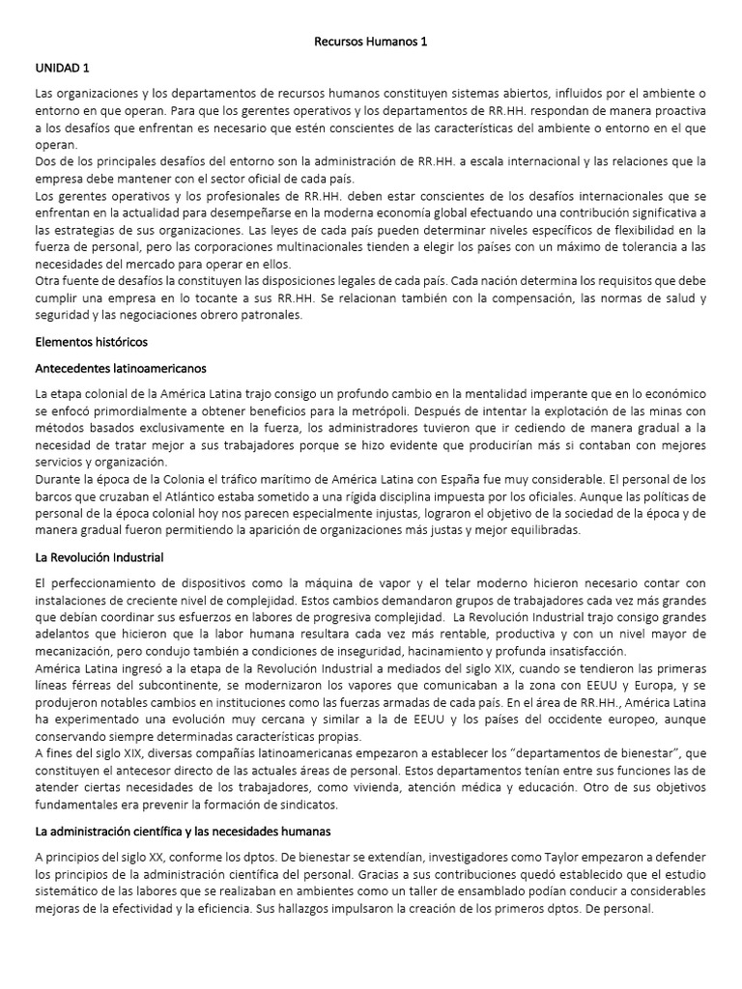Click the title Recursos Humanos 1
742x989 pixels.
371,42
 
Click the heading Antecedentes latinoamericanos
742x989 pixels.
120,368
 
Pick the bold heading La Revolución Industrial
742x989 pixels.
100,557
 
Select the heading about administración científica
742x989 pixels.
183,831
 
